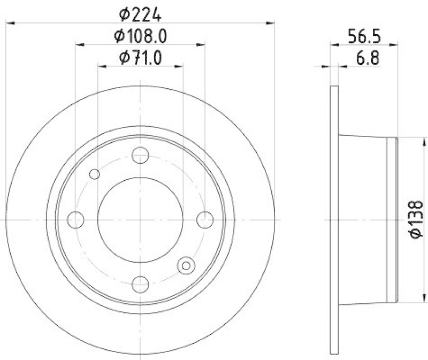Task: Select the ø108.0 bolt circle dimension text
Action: tap(140, 36)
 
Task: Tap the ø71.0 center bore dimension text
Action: tap(140, 57)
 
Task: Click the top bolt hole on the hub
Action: tap(140, 156)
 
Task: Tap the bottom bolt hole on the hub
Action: tap(140, 284)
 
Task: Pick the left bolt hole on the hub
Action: tap(76, 219)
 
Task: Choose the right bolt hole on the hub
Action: tap(204, 219)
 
